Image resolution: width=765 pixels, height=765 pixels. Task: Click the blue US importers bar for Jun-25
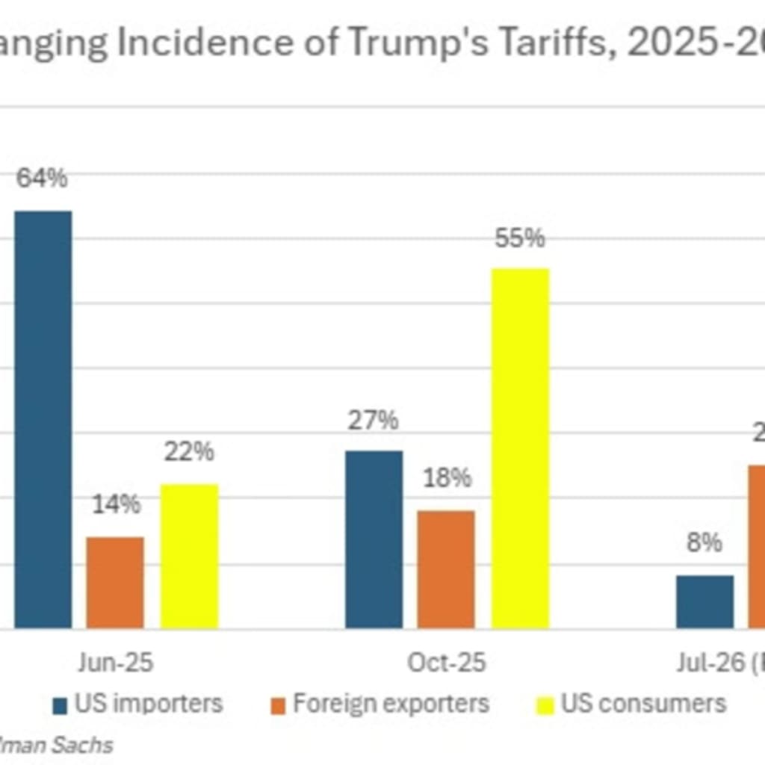pyautogui.click(x=43, y=419)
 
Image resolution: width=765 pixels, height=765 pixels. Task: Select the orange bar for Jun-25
pyautogui.click(x=115, y=582)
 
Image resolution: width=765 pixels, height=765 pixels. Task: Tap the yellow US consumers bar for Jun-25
pyautogui.click(x=189, y=556)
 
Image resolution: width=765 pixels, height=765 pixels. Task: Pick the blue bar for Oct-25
pyautogui.click(x=374, y=539)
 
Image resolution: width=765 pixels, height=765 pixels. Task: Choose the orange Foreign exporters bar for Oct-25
pyautogui.click(x=446, y=569)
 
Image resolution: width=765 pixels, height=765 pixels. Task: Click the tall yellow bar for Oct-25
pyautogui.click(x=520, y=448)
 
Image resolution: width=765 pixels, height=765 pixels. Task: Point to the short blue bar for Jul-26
pyautogui.click(x=704, y=601)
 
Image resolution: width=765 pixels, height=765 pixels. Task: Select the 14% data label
pyautogui.click(x=116, y=504)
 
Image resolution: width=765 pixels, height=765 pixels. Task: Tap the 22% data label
pyautogui.click(x=189, y=452)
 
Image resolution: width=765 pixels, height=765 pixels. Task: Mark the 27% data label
pyautogui.click(x=373, y=420)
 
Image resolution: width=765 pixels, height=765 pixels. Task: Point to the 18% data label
pyautogui.click(x=446, y=478)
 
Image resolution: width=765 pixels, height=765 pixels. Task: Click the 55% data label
pyautogui.click(x=520, y=238)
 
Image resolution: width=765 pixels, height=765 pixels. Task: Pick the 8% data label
pyautogui.click(x=704, y=543)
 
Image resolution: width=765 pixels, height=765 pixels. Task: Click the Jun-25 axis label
pyautogui.click(x=116, y=663)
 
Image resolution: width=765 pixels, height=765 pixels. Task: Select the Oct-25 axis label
pyautogui.click(x=446, y=663)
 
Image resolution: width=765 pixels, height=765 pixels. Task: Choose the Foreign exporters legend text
pyautogui.click(x=391, y=703)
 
